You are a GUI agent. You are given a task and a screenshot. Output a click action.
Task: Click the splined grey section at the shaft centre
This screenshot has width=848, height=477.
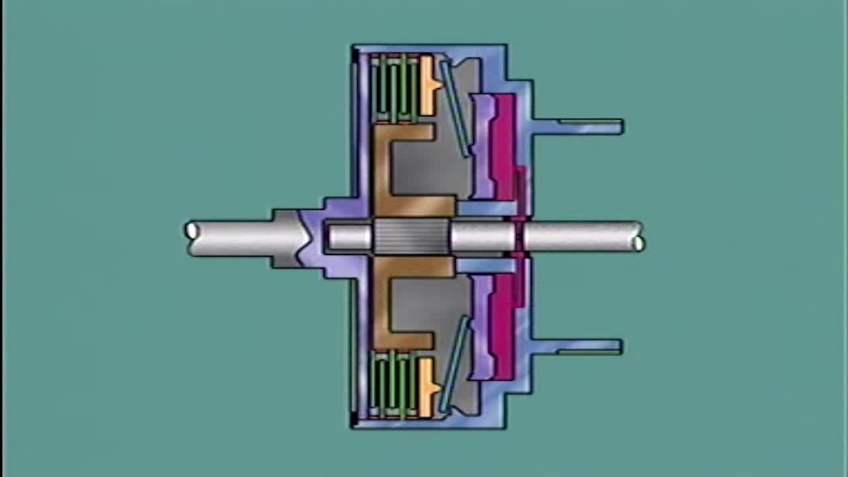tap(411, 237)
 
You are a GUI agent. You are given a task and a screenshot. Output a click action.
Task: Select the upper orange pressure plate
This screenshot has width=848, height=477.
tap(427, 85)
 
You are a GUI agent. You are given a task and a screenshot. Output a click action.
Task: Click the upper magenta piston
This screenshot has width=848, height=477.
tap(504, 146)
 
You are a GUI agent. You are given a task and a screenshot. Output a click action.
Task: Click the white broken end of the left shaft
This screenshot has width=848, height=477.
tap(192, 231)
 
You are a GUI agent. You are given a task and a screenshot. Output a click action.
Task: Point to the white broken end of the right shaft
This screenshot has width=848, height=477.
tap(638, 243)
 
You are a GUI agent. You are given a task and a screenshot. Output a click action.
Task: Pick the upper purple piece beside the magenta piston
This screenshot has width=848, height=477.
tap(482, 146)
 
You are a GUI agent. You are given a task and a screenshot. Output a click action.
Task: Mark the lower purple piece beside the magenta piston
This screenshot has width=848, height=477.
tap(482, 328)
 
